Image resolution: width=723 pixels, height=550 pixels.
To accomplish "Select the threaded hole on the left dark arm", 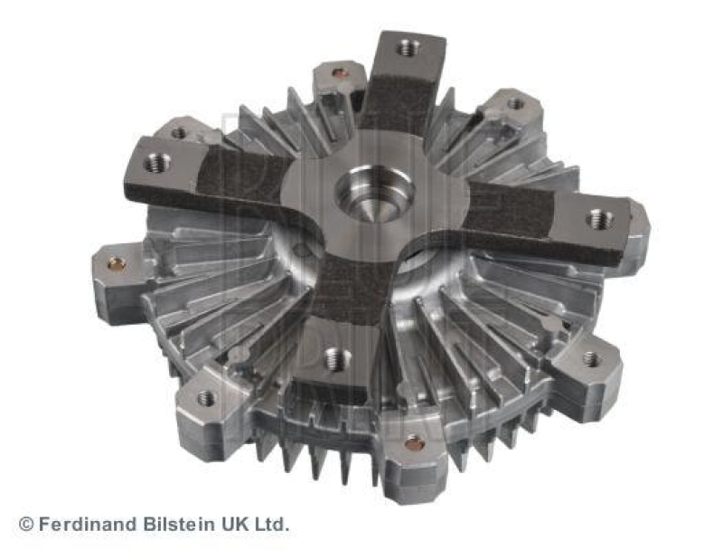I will coord(157,163).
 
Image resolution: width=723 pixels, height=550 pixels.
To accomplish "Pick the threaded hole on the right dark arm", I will coord(599,218).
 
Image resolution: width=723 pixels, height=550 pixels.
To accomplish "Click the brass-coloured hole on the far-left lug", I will coord(117,264).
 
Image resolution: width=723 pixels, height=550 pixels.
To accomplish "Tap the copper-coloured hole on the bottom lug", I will coord(414,443).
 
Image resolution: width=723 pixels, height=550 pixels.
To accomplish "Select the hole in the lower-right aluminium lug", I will coord(590,359).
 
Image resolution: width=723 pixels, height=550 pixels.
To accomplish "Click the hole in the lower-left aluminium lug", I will coord(206,397).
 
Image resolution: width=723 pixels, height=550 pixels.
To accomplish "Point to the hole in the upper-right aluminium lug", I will coord(515,104).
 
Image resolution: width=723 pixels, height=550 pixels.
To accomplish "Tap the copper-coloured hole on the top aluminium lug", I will coord(340,73).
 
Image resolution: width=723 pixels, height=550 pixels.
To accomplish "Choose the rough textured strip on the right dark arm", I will coord(506,213).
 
